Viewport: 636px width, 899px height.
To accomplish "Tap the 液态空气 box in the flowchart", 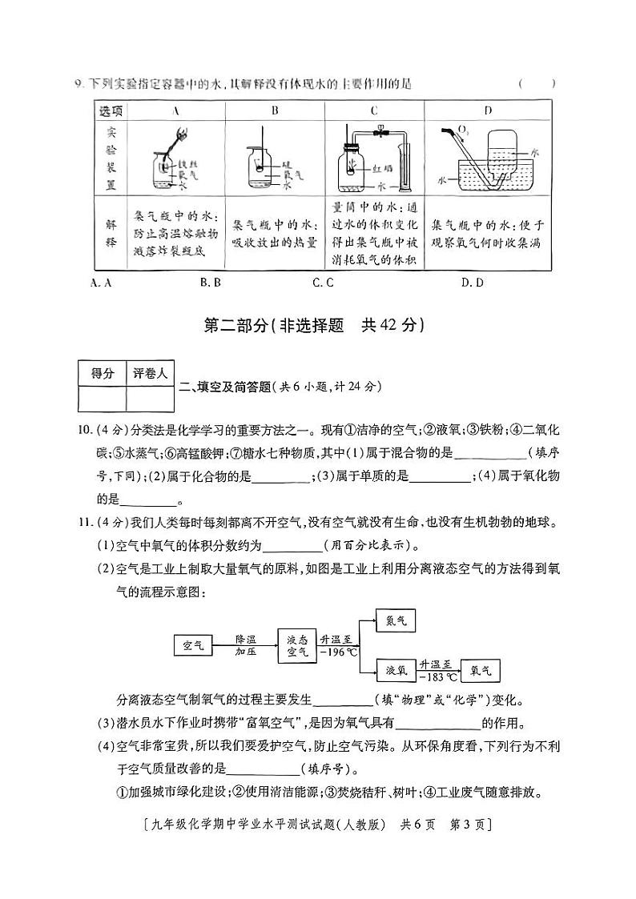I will pos(297,644).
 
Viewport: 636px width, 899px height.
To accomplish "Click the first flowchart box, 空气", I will pos(193,644).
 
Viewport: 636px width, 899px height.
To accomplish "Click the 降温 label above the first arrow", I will pos(245,639).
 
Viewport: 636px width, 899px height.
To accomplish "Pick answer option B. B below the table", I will pos(211,282).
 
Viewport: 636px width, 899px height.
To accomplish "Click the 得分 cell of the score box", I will pos(103,372).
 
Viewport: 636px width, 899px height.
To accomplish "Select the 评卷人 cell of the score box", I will pos(150,372).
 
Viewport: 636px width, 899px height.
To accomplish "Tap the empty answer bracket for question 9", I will pos(536,83).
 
